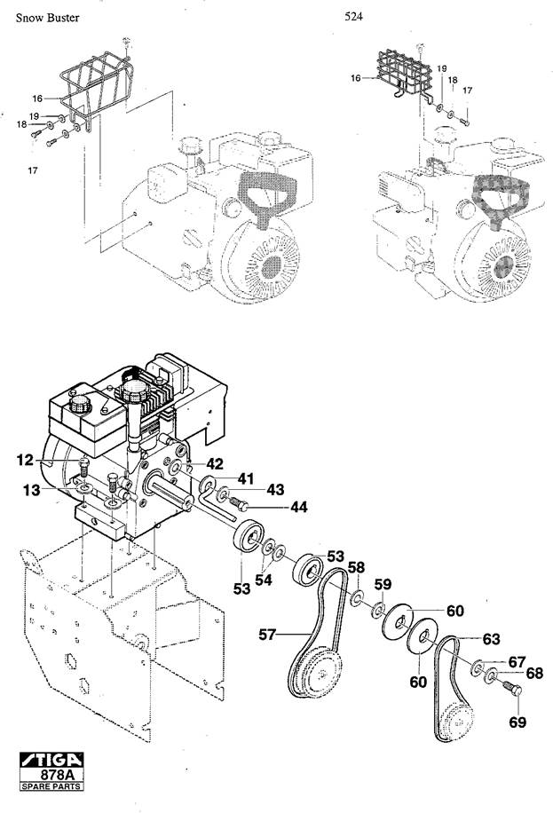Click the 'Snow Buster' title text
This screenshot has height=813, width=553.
point(47,18)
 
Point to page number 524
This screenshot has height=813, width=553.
point(353,17)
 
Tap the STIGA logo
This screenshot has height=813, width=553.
point(51,760)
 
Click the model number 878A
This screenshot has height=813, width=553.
point(58,775)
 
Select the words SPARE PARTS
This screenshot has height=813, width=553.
point(51,786)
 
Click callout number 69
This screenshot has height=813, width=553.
point(517,722)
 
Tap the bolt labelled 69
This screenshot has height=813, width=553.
point(512,690)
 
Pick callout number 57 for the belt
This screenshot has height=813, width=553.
point(267,634)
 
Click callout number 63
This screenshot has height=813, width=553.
point(491,639)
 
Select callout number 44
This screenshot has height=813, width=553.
point(298,507)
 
